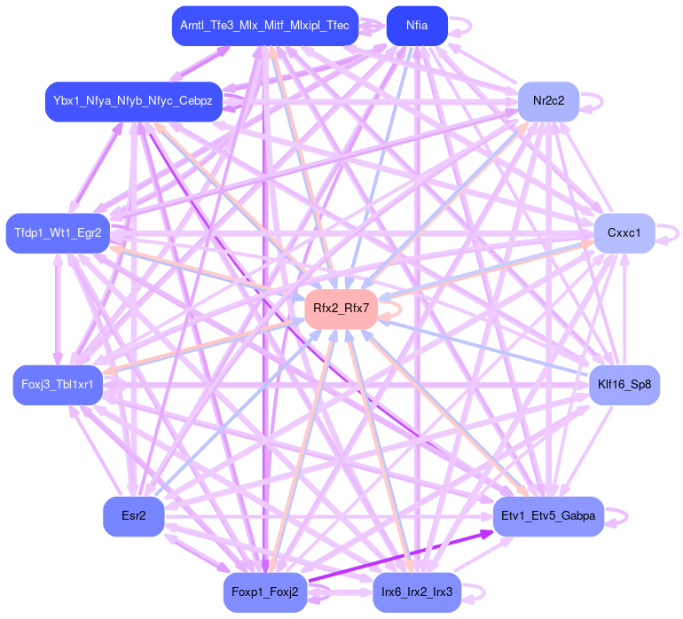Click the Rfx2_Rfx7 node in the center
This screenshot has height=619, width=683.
tap(341, 309)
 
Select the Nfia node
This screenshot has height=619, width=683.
tap(417, 26)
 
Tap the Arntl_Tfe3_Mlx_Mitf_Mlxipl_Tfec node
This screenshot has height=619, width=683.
tap(264, 26)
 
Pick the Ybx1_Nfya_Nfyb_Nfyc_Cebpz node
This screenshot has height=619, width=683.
tap(133, 101)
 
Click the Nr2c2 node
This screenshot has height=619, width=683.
tap(548, 101)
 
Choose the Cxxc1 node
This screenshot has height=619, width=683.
tap(624, 233)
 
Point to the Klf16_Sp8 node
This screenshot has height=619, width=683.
tap(624, 385)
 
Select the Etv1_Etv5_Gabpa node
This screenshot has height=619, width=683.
tap(548, 515)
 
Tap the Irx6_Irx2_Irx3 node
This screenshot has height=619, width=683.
tap(416, 592)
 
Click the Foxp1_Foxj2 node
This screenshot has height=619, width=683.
tap(264, 592)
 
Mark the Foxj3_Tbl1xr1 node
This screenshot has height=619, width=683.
tap(58, 385)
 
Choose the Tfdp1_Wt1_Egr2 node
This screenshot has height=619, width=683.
tap(58, 233)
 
